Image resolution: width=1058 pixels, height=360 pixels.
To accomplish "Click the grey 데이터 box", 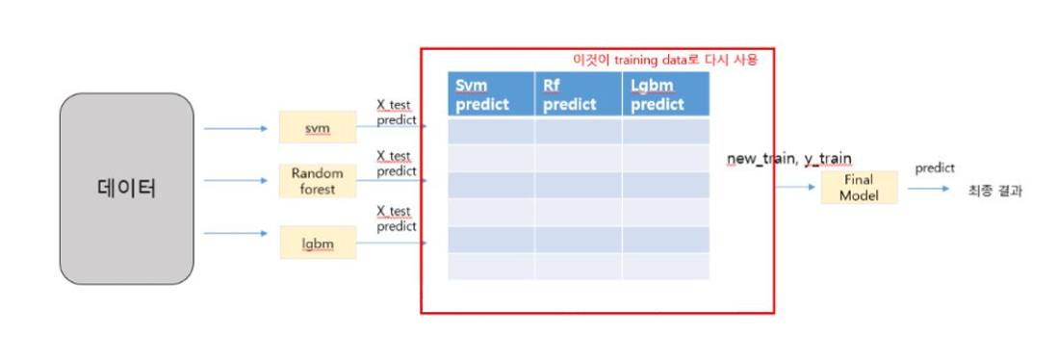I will click(x=126, y=189).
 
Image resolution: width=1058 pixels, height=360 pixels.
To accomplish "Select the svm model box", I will click(x=318, y=127).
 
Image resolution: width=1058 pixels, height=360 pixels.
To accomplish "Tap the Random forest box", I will click(x=318, y=181).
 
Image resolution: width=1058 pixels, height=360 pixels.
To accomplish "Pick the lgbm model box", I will click(x=318, y=244).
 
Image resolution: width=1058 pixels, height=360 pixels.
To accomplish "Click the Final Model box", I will click(x=860, y=187).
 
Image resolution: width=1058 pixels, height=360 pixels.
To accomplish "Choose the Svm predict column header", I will click(x=491, y=94).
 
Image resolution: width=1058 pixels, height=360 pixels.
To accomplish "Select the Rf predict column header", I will click(x=578, y=94).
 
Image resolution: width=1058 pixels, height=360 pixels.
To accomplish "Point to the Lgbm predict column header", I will click(x=665, y=94).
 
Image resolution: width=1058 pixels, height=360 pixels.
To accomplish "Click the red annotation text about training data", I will click(x=665, y=60).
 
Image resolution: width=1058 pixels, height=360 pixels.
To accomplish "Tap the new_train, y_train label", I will click(x=789, y=157).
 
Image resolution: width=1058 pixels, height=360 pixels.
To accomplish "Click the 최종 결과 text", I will click(x=994, y=191).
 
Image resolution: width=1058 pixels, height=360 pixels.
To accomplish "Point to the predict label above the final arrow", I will click(x=934, y=167).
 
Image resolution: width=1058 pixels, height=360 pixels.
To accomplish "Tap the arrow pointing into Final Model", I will click(x=797, y=188).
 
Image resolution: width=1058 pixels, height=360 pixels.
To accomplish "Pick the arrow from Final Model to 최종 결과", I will click(x=928, y=189).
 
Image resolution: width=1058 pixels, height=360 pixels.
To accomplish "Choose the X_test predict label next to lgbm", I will click(x=396, y=219).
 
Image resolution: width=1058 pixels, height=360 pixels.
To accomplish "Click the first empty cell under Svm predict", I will click(x=491, y=131).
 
